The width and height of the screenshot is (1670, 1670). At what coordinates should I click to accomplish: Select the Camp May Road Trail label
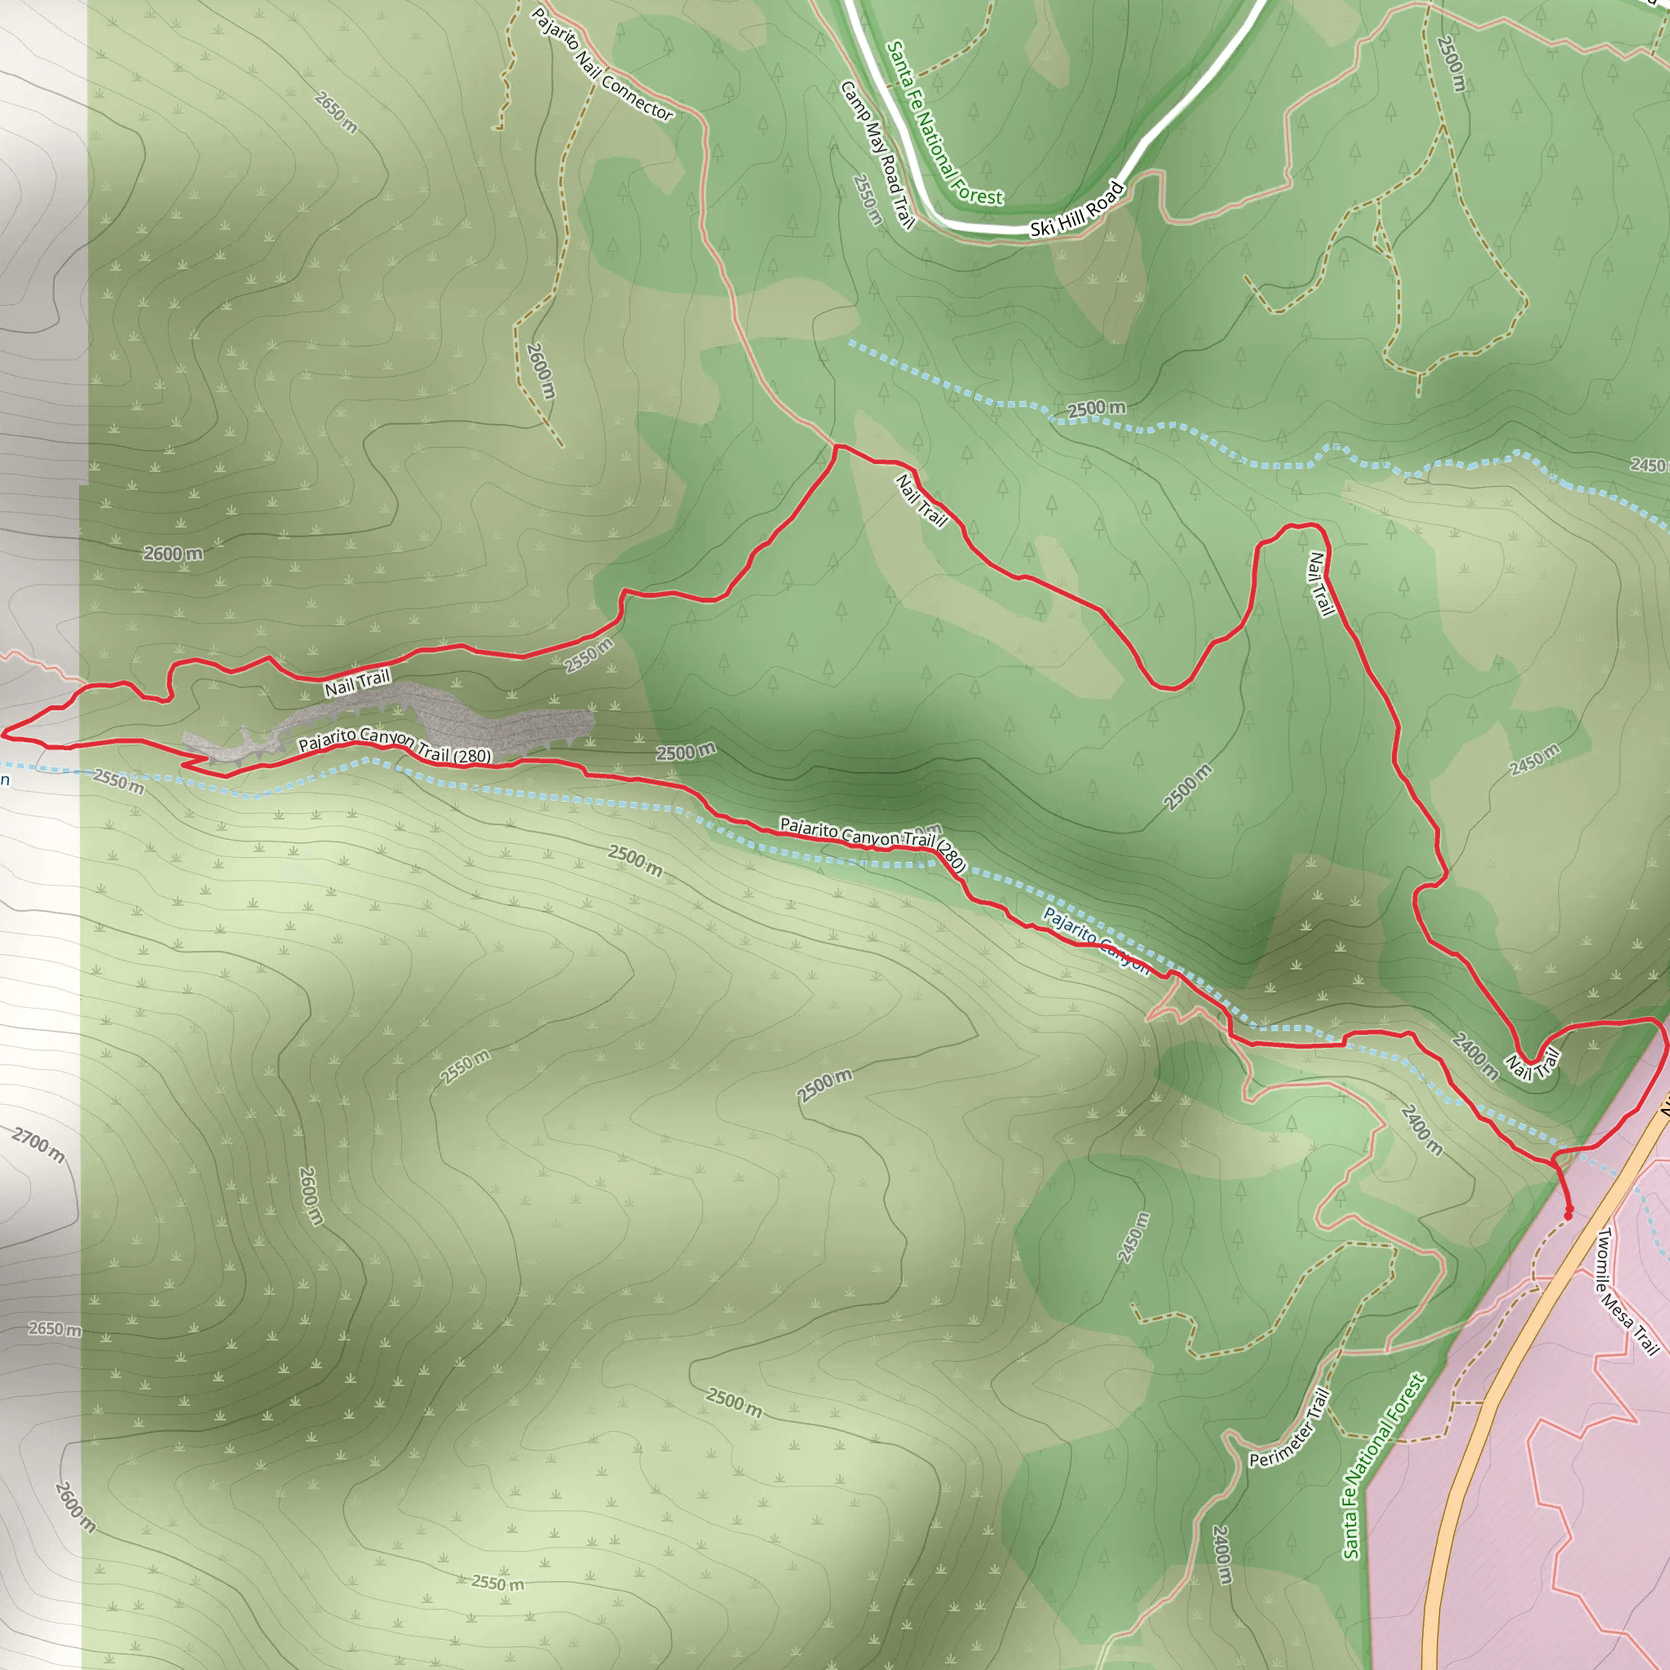pos(877,156)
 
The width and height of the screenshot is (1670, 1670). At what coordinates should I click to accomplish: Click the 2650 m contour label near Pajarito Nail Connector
pos(335,113)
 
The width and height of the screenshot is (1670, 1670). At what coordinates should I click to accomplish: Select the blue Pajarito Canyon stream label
pos(1096,940)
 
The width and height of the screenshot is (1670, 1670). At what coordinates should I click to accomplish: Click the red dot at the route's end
pos(1568,1215)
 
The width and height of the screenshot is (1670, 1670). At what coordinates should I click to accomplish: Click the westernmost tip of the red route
pos(3,735)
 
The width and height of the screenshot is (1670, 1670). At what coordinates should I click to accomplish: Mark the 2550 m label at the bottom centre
pos(497,1583)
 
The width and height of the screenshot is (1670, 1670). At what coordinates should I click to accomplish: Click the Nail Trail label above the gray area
pos(357,683)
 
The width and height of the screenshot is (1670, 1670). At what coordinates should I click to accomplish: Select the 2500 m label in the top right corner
pos(1451,62)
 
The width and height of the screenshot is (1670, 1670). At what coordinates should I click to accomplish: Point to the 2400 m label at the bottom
pos(1221,1555)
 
